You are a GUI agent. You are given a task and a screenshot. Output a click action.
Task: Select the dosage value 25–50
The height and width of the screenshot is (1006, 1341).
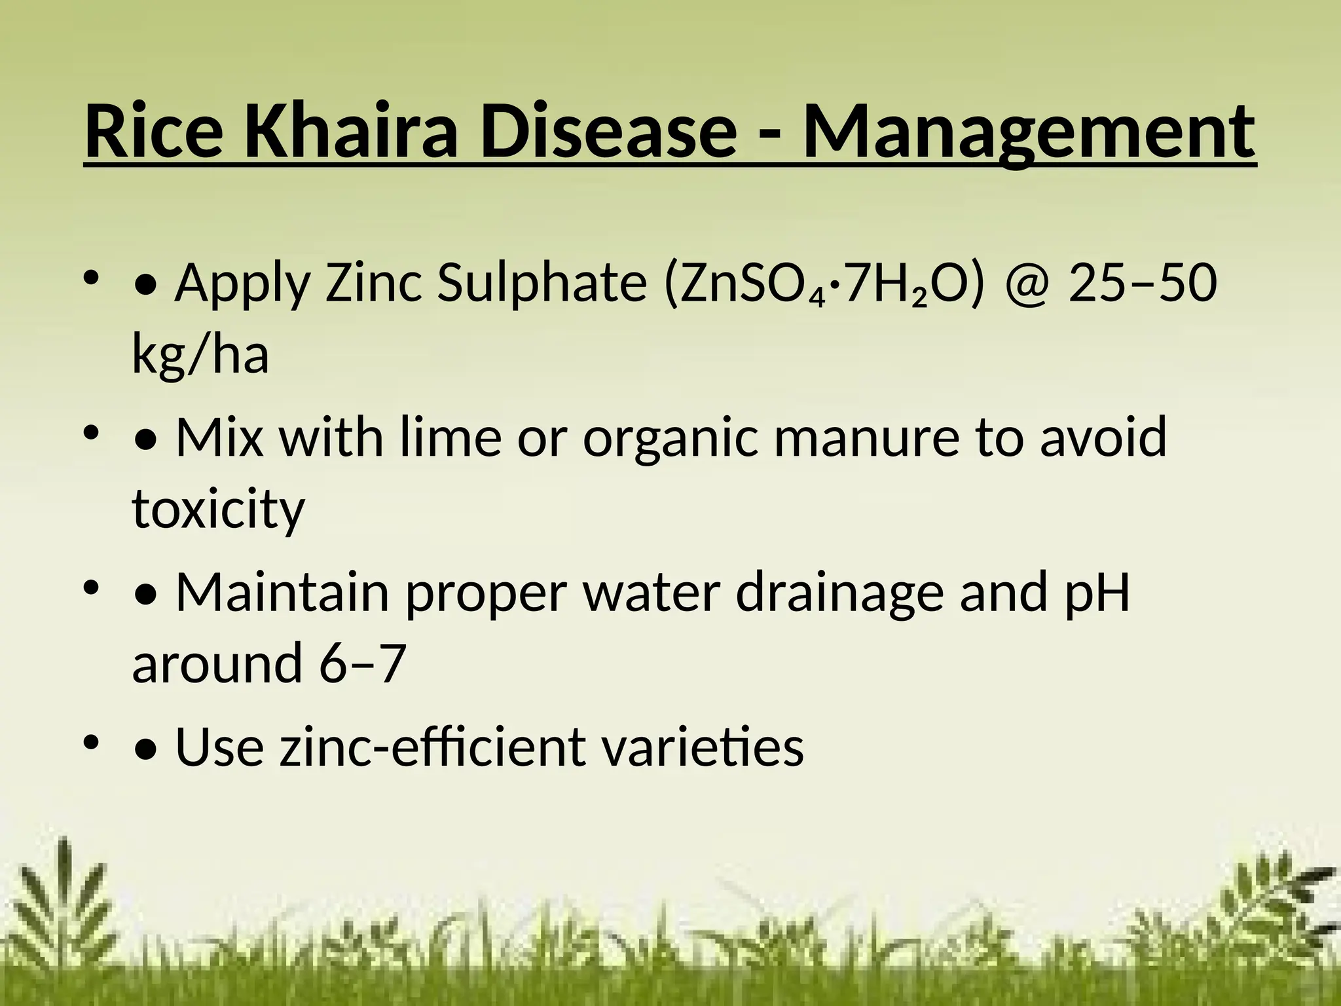tap(1142, 285)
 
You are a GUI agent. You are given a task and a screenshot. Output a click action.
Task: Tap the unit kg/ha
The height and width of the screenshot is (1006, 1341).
tap(200, 354)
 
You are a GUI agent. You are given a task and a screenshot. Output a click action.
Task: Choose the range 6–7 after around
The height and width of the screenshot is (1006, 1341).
tap(359, 663)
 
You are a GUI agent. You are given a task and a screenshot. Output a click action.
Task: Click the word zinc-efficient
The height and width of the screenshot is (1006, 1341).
tap(433, 747)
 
